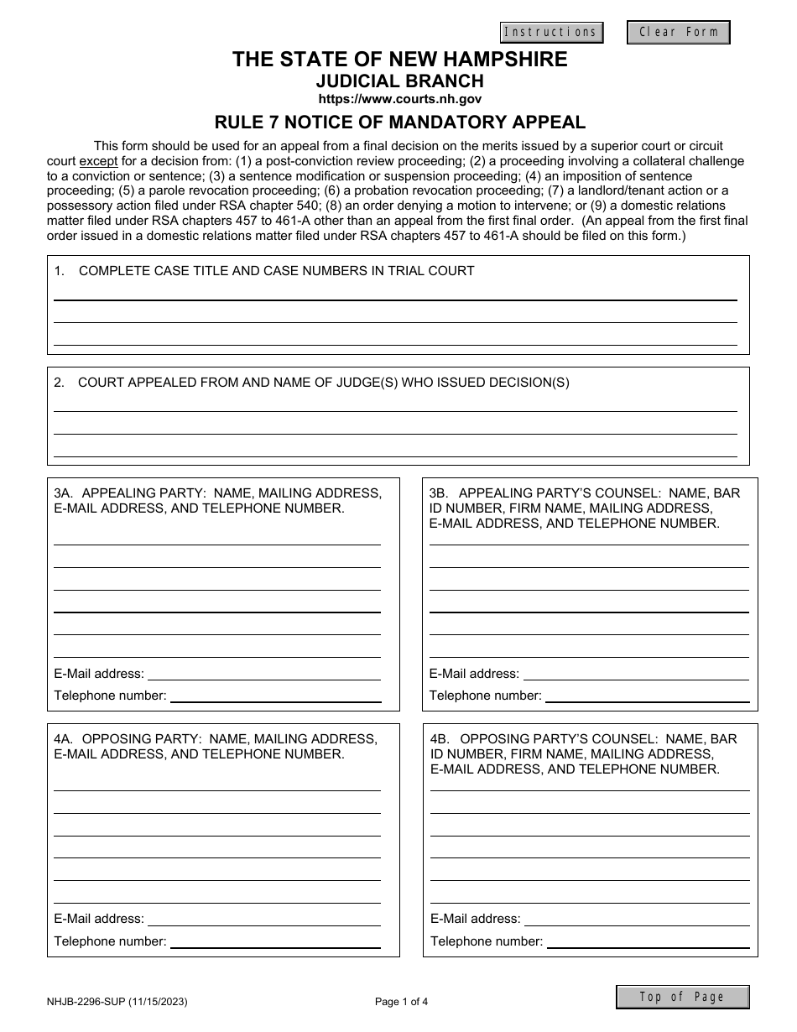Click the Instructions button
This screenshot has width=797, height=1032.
(551, 33)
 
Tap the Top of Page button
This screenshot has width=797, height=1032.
(682, 997)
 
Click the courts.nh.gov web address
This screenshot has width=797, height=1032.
(399, 99)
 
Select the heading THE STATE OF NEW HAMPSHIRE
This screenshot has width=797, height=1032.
(399, 60)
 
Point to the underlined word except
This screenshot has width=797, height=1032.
(99, 161)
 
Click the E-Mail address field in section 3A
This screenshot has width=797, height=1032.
(263, 673)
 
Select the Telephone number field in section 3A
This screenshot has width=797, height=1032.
(275, 695)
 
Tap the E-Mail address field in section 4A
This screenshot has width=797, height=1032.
(263, 919)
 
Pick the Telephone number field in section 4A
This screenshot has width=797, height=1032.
(275, 941)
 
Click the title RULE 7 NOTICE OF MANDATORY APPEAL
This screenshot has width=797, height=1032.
(399, 122)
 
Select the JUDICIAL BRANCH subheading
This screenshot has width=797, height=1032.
(399, 81)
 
